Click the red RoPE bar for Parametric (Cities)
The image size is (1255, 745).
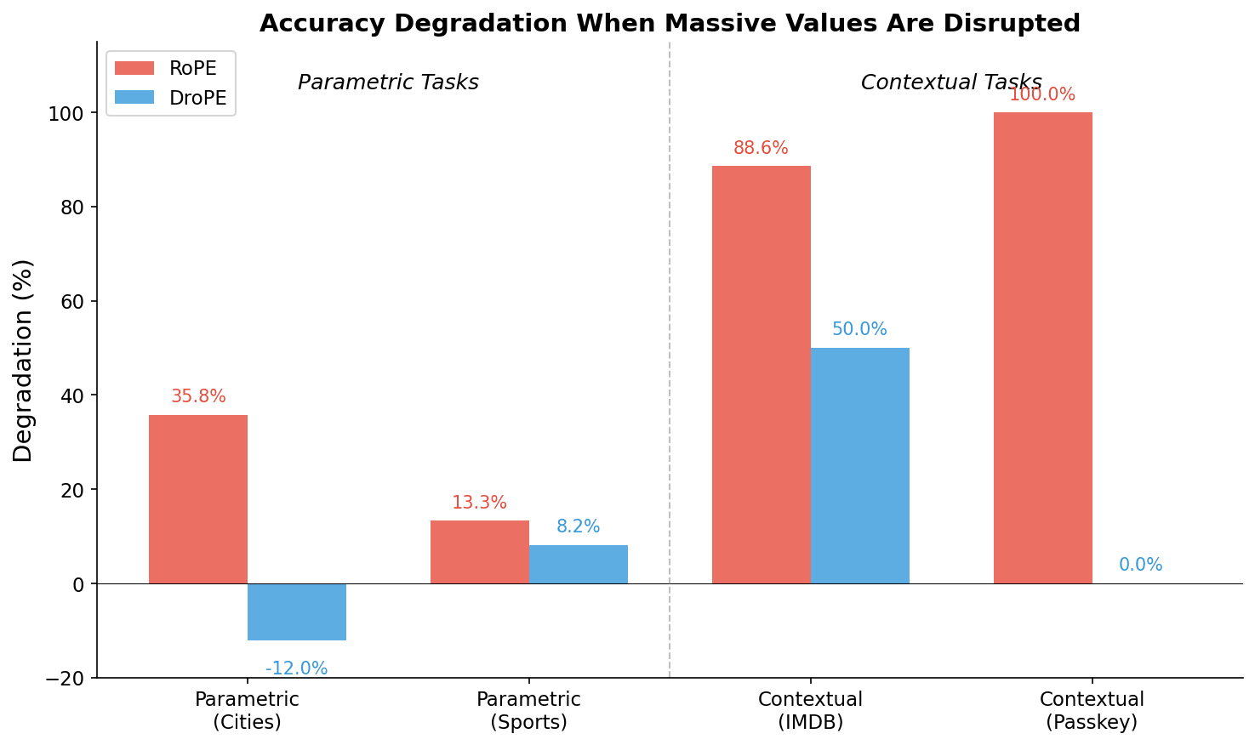tap(198, 499)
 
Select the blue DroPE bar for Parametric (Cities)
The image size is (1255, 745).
tap(297, 611)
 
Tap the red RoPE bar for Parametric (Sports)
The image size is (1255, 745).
tap(480, 552)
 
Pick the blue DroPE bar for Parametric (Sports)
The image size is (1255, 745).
tap(579, 564)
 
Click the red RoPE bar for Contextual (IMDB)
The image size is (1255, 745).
tap(762, 374)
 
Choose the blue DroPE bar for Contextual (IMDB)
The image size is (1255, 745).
tap(860, 465)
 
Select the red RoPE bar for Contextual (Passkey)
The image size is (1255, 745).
tap(1043, 348)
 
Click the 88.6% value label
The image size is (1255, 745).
tap(761, 149)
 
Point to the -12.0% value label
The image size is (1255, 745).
tap(296, 669)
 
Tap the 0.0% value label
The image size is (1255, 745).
tap(1140, 566)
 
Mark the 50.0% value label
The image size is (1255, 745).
tap(859, 330)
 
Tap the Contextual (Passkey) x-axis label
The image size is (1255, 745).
tap(1092, 711)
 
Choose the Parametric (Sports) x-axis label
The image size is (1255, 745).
tap(528, 711)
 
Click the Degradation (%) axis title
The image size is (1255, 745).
tap(23, 361)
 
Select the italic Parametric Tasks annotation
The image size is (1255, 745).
tap(388, 83)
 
